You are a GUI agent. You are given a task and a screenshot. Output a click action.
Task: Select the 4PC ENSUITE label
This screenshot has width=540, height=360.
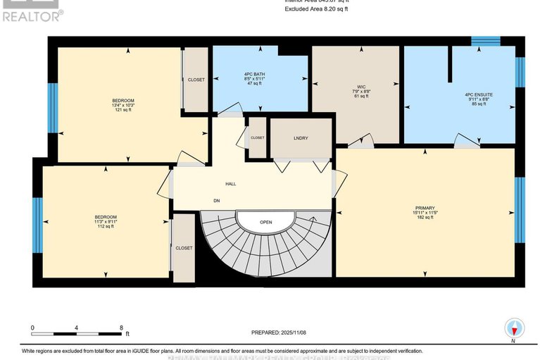coord(478,94)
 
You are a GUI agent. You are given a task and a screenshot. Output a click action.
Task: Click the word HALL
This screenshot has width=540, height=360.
coord(230,184)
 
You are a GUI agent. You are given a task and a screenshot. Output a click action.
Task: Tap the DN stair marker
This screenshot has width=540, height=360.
coord(217,200)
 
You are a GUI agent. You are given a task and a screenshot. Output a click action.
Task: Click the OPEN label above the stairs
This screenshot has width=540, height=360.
coord(265,221)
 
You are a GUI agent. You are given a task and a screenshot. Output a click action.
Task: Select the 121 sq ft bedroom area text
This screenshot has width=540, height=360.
coord(123,111)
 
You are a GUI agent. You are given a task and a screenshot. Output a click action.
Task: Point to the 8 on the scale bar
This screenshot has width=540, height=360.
coord(121,328)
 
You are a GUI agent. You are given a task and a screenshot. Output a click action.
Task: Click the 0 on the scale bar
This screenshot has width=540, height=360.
coord(32,328)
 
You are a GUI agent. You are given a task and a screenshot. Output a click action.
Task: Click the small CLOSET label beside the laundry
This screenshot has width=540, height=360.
coord(257,137)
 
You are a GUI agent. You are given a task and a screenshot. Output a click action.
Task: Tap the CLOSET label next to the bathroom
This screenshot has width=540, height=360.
coord(196,80)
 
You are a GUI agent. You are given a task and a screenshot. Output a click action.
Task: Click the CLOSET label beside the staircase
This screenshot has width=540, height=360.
coord(184,248)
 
